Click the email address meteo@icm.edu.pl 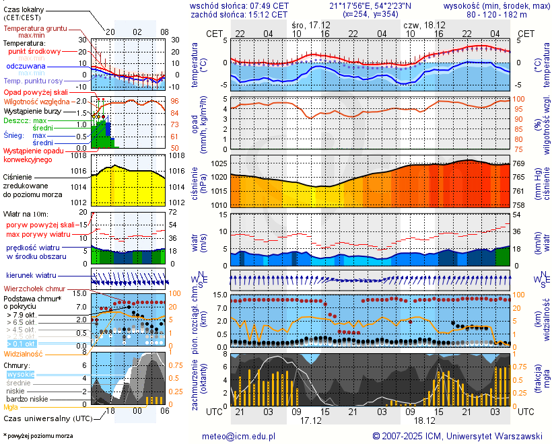[239, 436]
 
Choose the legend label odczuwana [26, 67]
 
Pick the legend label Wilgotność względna [56, 102]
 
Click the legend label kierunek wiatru [31, 276]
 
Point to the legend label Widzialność [24, 353]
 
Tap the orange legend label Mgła [11, 407]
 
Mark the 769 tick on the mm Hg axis [520, 163]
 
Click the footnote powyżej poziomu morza [38, 436]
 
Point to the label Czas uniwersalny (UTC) [48, 418]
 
